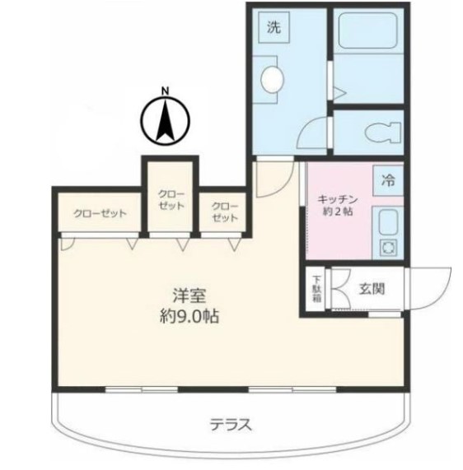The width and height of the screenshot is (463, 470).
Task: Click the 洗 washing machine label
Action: pos(274,28)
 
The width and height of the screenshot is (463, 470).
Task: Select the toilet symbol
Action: pos(383,132)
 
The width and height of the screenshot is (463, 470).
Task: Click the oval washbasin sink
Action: pos(273,79)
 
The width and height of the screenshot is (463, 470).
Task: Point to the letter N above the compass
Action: pos(165,91)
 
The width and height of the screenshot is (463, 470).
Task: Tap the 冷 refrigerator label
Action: pos(388,181)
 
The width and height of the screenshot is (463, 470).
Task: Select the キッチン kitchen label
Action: pos(338,199)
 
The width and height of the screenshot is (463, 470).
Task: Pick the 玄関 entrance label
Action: pos(372,289)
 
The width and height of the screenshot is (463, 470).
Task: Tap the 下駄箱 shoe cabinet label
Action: pos(316,288)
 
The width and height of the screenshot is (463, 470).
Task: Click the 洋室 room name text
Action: pos(189,295)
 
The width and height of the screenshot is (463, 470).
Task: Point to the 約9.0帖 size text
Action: pos(189,315)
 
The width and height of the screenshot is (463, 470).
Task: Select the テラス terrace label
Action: pos(231,425)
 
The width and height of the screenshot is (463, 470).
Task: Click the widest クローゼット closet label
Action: pos(100,213)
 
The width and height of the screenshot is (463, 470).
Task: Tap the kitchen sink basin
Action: pos(388,221)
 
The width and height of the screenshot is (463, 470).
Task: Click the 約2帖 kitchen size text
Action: pos(338,212)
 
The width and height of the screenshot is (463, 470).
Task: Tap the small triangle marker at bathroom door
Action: pos(339,93)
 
